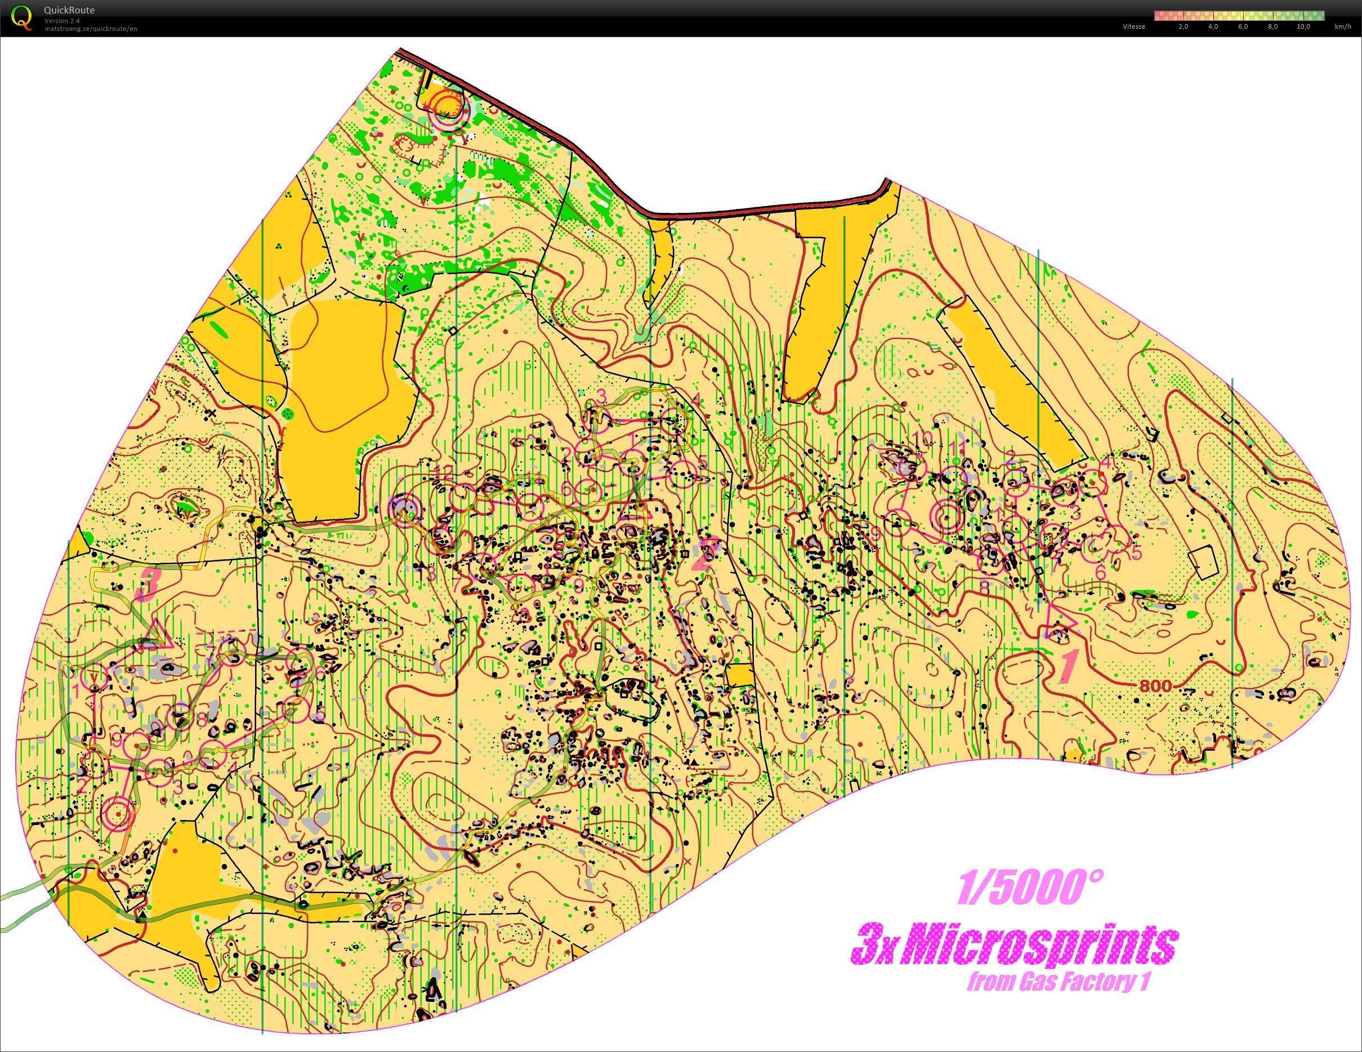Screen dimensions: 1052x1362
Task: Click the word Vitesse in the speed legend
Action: pyautogui.click(x=1134, y=27)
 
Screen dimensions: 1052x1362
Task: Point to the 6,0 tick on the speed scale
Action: pyautogui.click(x=1242, y=27)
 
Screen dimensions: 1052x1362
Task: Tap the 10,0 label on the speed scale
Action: pyautogui.click(x=1303, y=27)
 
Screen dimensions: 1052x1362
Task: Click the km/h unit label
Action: pyautogui.click(x=1343, y=27)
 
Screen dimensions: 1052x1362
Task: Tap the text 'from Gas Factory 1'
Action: pyautogui.click(x=1059, y=983)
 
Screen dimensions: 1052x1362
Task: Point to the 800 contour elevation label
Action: pyautogui.click(x=1155, y=686)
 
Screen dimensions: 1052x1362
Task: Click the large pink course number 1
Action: pyautogui.click(x=1069, y=666)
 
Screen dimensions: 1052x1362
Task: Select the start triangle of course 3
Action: pyautogui.click(x=159, y=634)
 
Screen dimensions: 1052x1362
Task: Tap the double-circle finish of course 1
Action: pyautogui.click(x=946, y=516)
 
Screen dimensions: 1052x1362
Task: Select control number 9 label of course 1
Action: pyautogui.click(x=876, y=532)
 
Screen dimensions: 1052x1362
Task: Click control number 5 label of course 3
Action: pyautogui.click(x=319, y=716)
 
